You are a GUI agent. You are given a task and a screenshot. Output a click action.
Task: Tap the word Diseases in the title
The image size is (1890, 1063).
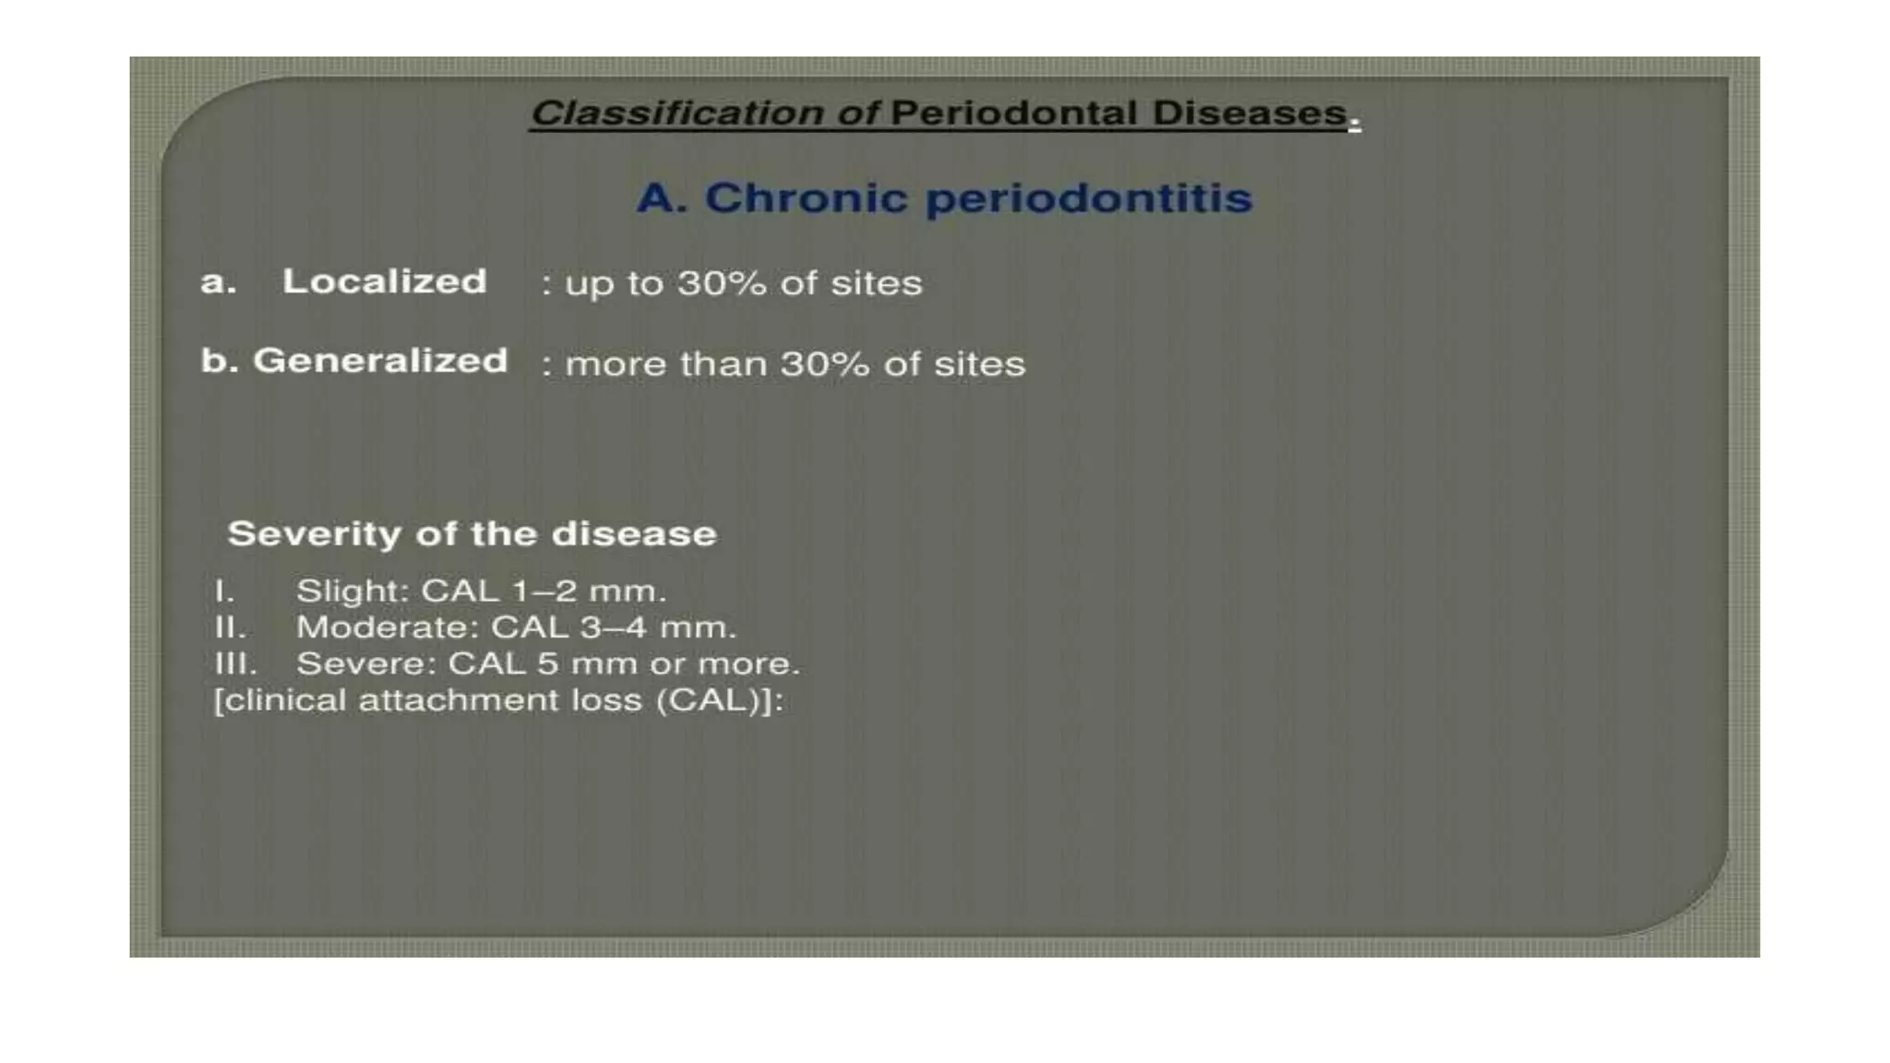(x=1249, y=113)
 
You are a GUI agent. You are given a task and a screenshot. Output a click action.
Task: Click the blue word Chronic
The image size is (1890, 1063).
(x=806, y=198)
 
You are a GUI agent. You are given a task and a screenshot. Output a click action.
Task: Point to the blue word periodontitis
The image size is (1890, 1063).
(x=1088, y=198)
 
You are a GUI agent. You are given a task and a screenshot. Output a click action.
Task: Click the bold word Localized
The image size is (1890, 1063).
(x=384, y=281)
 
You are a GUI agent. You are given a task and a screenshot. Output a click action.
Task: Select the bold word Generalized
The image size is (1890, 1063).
(x=380, y=361)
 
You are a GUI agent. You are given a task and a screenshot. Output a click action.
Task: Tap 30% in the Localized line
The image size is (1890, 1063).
(x=722, y=283)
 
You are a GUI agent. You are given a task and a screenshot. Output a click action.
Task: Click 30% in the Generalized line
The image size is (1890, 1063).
(x=824, y=364)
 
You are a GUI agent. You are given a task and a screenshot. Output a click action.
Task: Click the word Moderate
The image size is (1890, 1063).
(x=386, y=627)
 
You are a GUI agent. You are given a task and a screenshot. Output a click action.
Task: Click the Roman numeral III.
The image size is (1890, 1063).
(x=234, y=663)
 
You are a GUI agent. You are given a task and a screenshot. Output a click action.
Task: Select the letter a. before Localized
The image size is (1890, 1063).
(x=218, y=281)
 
